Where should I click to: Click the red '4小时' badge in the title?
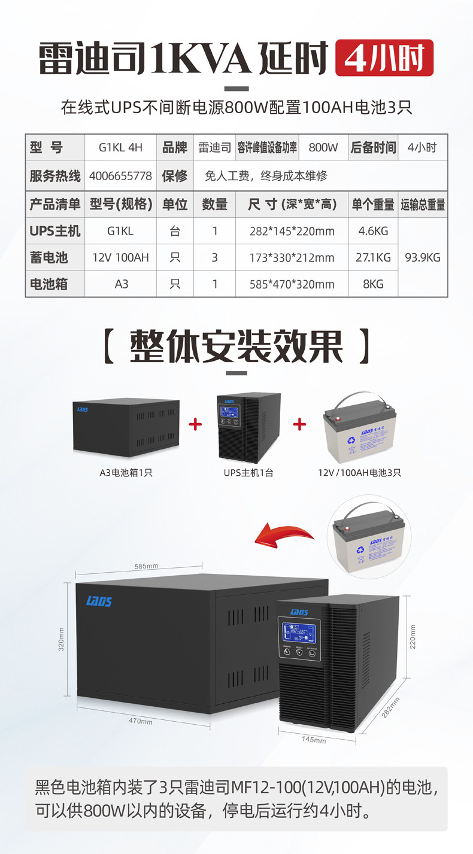384,57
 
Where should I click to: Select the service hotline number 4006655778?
120,176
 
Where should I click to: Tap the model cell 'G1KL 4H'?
120,147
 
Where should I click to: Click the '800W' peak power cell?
323,147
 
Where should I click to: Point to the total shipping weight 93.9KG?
423,257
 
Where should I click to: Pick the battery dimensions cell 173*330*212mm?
292,258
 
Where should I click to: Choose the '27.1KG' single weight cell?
373,257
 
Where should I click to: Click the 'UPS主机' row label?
55,230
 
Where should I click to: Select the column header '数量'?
215,204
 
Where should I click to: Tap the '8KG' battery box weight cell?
373,284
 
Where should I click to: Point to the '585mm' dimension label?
146,566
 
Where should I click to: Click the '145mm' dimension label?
314,740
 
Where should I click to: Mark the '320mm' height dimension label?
61,639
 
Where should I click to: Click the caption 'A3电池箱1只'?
126,473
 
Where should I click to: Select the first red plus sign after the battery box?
195,424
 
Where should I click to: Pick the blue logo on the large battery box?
99,601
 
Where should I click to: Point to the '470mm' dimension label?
140,721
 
